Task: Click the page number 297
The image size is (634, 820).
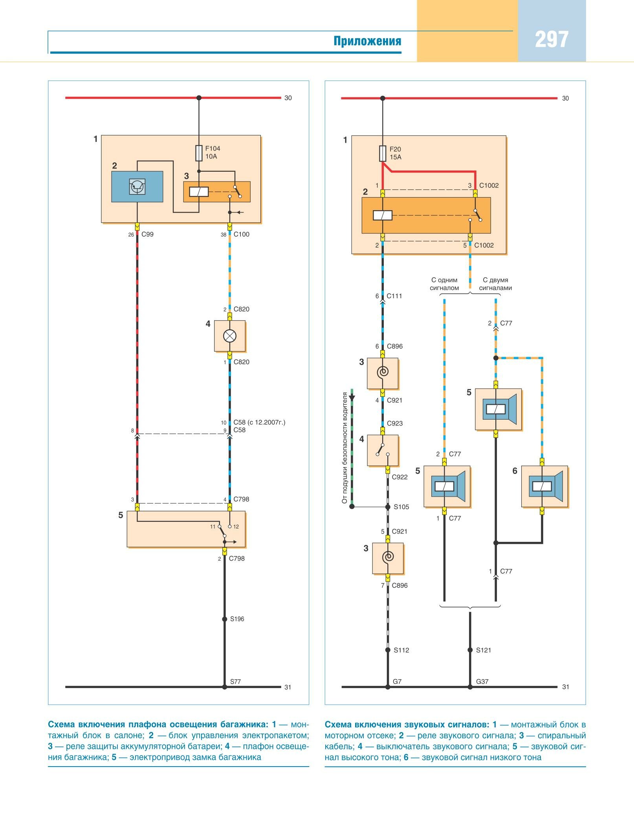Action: [x=552, y=40]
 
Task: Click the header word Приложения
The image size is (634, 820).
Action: [x=367, y=41]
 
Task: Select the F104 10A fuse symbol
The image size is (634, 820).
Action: [x=199, y=153]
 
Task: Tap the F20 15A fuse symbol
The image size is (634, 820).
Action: [x=383, y=154]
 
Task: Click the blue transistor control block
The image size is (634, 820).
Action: [x=137, y=187]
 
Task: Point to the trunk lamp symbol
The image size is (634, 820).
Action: [x=229, y=336]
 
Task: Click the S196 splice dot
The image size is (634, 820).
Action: [x=225, y=619]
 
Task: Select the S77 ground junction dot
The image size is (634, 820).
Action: [x=225, y=687]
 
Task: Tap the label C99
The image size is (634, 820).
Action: [x=147, y=235]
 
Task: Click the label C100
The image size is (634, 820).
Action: [x=241, y=235]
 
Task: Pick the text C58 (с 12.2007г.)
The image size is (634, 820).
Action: [x=259, y=422]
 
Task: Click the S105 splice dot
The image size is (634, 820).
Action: [x=388, y=507]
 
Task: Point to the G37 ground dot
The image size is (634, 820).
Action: [x=470, y=687]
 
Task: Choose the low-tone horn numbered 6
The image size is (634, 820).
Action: [x=544, y=486]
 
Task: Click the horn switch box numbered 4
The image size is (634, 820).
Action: [x=383, y=450]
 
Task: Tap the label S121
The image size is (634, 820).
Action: [x=484, y=650]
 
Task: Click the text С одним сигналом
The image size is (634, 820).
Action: [x=444, y=284]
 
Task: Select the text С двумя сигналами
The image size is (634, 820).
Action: [x=495, y=284]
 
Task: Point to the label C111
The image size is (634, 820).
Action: [x=394, y=296]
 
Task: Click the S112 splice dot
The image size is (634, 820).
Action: [x=388, y=650]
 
